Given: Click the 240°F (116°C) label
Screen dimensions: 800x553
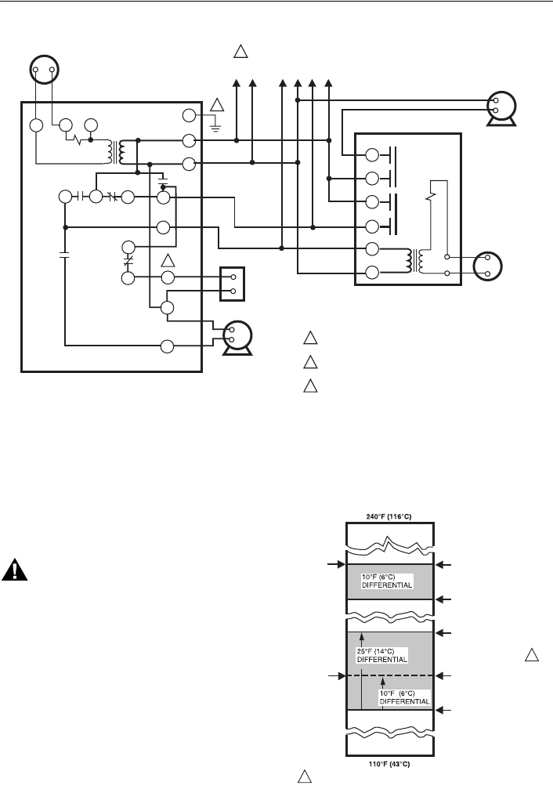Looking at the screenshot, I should coord(389,515).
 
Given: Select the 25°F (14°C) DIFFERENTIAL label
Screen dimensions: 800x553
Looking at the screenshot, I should coord(381,655).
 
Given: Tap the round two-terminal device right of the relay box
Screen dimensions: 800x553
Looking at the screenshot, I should coord(488,266).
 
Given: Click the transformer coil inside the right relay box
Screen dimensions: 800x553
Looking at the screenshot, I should coord(415,261).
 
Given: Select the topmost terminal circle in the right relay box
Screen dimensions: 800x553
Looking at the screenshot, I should coord(373,154).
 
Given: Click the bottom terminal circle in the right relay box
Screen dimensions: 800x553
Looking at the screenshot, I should coord(373,273).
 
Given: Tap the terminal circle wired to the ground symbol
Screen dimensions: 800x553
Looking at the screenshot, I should coord(189,117).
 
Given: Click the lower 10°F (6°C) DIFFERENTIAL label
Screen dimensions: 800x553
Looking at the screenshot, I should coord(405,697).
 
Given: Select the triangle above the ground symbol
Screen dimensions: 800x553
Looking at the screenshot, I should coord(217,104).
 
